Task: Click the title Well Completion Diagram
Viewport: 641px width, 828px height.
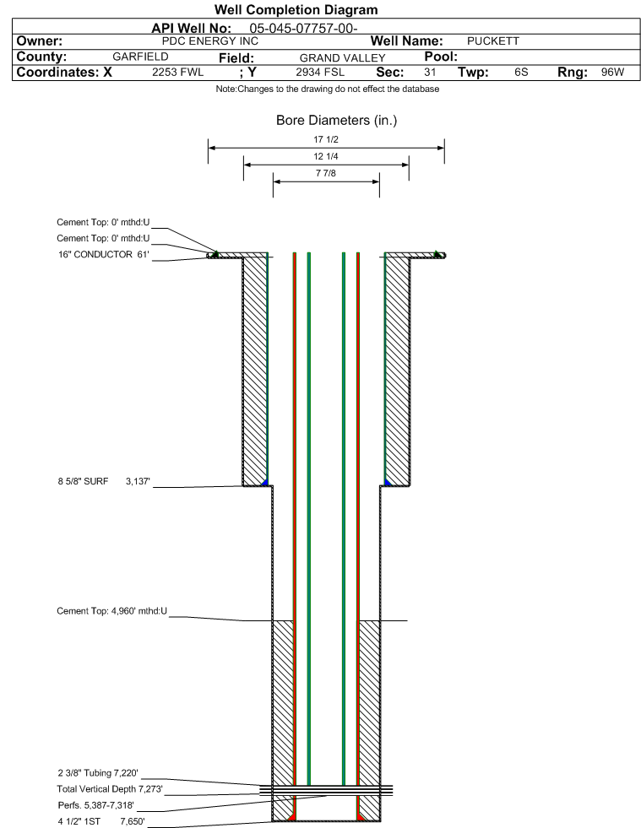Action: [x=296, y=10]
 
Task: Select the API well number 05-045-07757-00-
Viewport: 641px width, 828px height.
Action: [x=303, y=29]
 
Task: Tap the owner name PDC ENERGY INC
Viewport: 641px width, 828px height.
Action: [x=210, y=41]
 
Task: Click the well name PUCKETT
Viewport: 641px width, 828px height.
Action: [x=493, y=41]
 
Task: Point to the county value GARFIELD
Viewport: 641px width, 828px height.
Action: [x=140, y=57]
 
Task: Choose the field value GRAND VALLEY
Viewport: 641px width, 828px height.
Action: [x=342, y=58]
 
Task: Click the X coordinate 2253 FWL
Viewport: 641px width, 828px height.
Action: [x=177, y=72]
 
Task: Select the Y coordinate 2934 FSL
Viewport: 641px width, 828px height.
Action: [x=320, y=72]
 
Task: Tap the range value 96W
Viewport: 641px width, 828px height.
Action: [x=612, y=72]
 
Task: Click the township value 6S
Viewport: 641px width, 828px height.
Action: [x=521, y=72]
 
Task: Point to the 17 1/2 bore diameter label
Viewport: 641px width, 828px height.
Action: [x=325, y=139]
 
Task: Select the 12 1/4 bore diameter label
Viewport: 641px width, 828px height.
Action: [x=325, y=156]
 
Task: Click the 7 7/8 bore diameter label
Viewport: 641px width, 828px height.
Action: [x=325, y=173]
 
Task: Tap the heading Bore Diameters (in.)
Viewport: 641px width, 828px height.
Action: [x=337, y=121]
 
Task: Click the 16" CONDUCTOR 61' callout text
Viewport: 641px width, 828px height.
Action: [x=104, y=255]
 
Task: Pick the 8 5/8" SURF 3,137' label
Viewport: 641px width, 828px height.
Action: [x=104, y=482]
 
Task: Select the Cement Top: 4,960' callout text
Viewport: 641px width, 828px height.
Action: [x=112, y=611]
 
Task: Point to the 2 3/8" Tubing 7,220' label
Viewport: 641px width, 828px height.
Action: [x=98, y=773]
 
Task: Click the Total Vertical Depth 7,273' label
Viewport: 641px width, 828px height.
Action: [x=110, y=789]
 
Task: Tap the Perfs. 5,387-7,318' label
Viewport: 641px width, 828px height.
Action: [x=95, y=805]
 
